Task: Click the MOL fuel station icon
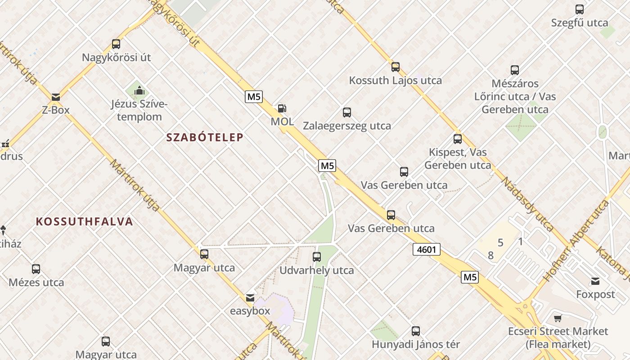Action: point(282,108)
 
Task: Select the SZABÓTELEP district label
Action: point(205,137)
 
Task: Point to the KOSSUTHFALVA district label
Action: point(85,221)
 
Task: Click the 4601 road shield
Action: point(426,249)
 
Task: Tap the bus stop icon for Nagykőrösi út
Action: point(116,44)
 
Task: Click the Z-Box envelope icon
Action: point(56,97)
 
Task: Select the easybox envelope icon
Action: point(250,298)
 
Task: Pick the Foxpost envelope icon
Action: point(595,282)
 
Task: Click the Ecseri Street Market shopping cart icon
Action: point(558,319)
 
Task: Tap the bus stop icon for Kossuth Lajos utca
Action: point(395,67)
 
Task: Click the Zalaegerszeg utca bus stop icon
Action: point(346,112)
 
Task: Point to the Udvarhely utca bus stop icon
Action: point(317,257)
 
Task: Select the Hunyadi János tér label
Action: point(416,345)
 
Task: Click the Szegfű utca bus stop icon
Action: point(580,9)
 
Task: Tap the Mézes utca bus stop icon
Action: point(36,269)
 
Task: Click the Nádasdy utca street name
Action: point(527,204)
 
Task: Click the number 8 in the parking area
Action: point(490,256)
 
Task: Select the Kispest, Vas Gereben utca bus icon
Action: point(458,139)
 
